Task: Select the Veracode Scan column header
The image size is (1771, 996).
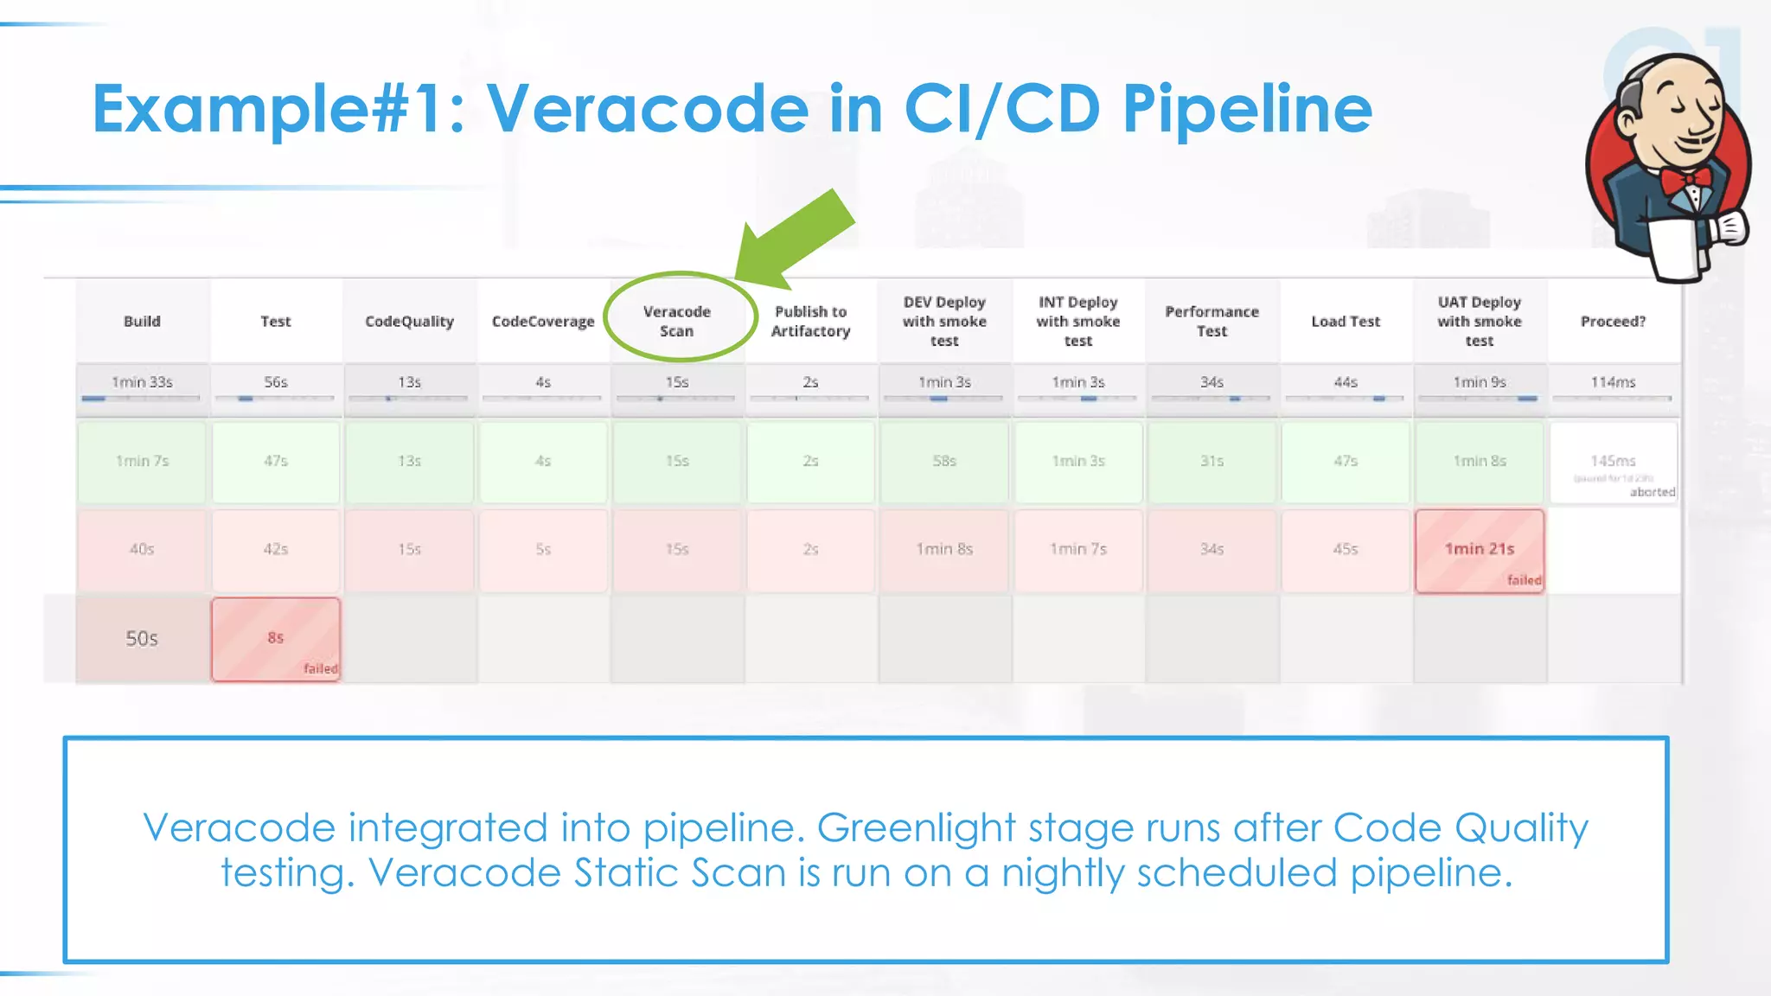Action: [677, 321]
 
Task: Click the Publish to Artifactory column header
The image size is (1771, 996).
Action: [810, 321]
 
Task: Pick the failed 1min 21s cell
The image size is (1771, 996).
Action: [1479, 550]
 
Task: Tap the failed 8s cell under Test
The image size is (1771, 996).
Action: [276, 639]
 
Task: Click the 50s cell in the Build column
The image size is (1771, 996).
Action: [142, 639]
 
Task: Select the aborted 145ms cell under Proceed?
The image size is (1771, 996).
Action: [1613, 463]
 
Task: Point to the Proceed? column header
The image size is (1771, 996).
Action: [1613, 321]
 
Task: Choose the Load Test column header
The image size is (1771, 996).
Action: [1346, 321]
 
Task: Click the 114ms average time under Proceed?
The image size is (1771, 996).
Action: [1613, 382]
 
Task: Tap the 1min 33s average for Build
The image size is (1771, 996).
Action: [142, 382]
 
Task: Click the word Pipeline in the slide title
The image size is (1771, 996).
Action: [1247, 110]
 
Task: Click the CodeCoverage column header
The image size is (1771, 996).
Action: [543, 321]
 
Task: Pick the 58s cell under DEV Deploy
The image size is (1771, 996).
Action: [944, 462]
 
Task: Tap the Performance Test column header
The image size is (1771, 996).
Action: [1212, 321]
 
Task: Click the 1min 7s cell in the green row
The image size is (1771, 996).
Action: [142, 462]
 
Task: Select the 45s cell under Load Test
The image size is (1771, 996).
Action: [1346, 550]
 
